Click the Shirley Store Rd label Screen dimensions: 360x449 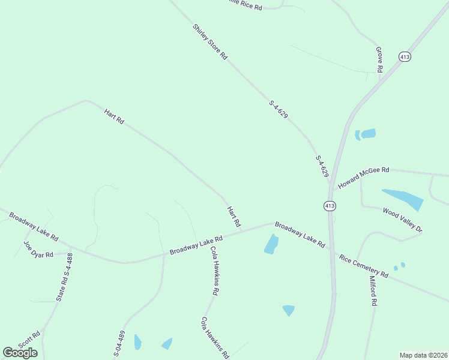(x=210, y=41)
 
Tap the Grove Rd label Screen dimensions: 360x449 (x=379, y=59)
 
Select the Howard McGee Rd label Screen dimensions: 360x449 (x=364, y=178)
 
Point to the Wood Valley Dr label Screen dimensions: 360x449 (x=403, y=220)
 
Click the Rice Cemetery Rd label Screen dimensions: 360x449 (x=364, y=266)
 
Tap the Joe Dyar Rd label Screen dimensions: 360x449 (x=38, y=249)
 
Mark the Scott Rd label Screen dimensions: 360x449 (x=29, y=340)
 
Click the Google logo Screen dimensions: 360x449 (x=20, y=353)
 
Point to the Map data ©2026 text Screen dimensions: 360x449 (x=423, y=355)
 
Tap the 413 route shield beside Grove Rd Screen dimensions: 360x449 (x=405, y=56)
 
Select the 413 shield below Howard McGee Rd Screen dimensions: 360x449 (x=330, y=206)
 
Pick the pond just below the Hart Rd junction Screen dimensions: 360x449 (x=271, y=244)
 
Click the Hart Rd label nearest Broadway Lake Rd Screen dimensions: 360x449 (x=234, y=217)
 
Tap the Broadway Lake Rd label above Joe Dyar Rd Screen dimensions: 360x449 (x=34, y=226)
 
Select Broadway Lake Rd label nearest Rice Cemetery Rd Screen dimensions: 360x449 (x=300, y=235)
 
